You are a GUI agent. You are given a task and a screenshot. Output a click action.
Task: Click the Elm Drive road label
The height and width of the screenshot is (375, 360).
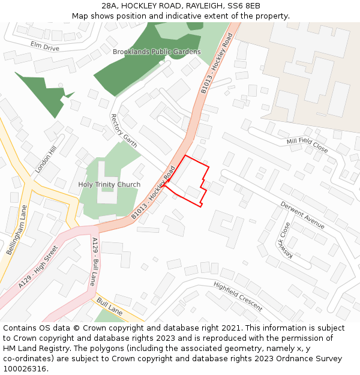point(45,46)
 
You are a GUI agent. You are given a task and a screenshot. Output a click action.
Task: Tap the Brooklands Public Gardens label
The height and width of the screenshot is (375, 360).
point(157,52)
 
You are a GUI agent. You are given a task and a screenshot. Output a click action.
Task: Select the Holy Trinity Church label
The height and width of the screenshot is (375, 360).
point(109,184)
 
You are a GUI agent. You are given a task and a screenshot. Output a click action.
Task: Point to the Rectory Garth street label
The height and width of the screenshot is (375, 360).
point(124,131)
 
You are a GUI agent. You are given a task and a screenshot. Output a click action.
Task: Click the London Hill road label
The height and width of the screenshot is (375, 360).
point(45,160)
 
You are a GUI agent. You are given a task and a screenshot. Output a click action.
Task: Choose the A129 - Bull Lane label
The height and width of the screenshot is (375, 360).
point(95,262)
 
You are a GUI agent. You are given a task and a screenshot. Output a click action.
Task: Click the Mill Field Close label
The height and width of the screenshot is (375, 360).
point(307,145)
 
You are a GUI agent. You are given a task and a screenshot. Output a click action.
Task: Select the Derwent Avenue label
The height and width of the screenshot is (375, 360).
point(302,215)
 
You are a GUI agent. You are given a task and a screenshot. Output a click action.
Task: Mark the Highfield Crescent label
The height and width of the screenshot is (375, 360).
point(238,296)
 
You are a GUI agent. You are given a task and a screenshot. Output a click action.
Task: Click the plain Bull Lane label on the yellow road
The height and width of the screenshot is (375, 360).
point(109,306)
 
